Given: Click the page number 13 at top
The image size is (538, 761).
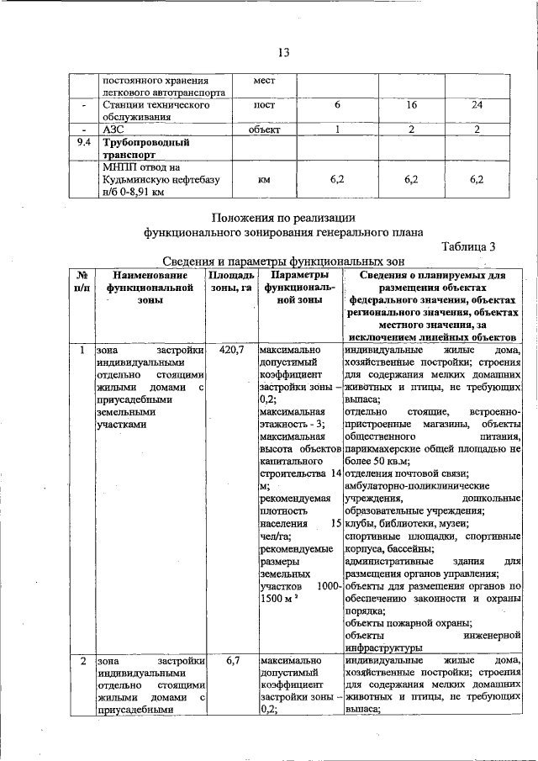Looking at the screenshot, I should (283, 53).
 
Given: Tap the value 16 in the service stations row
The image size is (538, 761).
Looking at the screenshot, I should (411, 105).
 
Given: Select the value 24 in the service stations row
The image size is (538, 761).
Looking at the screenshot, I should (477, 105).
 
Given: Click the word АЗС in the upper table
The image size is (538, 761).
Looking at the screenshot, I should (113, 130).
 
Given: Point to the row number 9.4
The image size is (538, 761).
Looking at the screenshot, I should (82, 143).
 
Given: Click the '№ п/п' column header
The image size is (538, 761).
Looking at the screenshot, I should (82, 283).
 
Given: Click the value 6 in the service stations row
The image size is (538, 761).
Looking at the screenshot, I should (337, 105).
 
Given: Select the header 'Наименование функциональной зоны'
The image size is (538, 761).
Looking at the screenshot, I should (150, 291).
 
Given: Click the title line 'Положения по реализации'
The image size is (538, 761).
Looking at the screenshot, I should (283, 217).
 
